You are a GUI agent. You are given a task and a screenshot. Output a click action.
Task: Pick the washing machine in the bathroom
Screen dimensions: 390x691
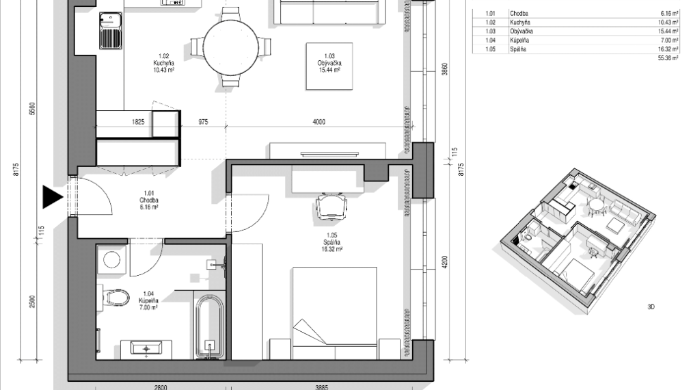(x=109, y=260)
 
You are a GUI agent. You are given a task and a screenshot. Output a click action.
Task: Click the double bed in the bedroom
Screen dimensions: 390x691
(x=335, y=311)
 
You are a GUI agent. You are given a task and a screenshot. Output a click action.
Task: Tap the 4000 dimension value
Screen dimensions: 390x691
(x=319, y=122)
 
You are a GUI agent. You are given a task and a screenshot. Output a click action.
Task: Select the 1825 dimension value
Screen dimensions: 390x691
(x=137, y=122)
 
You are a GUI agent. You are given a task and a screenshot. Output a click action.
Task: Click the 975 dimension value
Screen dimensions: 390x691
(x=203, y=122)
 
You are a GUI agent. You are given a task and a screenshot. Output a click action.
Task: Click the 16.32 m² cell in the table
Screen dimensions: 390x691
(x=668, y=49)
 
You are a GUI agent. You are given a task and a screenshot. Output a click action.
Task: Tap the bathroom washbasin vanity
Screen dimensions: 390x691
(x=146, y=348)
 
